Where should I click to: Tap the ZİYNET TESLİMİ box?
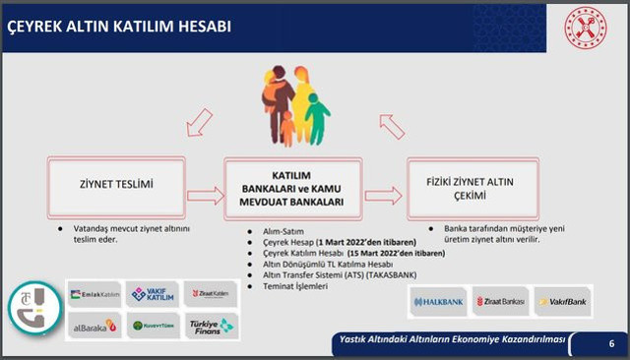point(117,185)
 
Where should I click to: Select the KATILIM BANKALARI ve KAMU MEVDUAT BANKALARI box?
point(284,187)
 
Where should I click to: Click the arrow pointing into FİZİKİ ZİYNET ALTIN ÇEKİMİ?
point(384,195)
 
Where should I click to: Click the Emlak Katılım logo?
point(94,293)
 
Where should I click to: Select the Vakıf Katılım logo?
point(153,293)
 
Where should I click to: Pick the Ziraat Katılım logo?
point(211,293)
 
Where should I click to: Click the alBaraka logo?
point(94,326)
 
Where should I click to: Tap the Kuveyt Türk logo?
point(153,326)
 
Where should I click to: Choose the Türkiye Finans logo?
point(211,326)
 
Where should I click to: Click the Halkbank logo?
point(437,301)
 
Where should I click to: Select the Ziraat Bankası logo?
point(501,301)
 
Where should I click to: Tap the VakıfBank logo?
point(562,301)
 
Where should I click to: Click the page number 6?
point(611,343)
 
